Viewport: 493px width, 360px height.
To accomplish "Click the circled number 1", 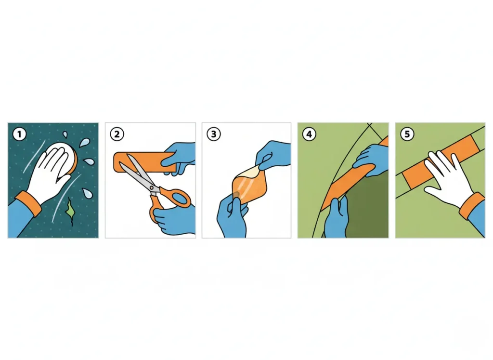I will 19,134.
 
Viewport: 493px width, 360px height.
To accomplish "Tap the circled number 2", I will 117,134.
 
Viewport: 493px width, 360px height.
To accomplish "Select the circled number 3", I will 213,134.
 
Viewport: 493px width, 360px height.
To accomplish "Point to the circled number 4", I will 309,134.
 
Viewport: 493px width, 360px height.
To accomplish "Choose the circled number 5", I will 407,134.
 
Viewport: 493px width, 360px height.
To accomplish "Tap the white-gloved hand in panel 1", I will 48,173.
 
